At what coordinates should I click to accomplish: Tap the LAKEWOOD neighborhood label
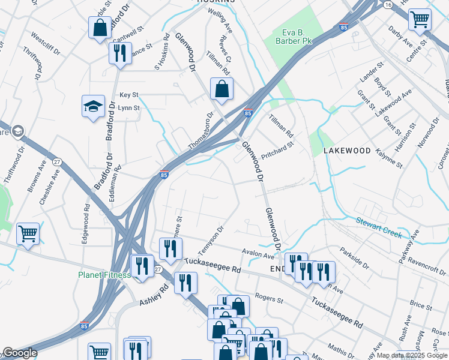pos(347,151)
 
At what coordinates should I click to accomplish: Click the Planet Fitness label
pos(104,275)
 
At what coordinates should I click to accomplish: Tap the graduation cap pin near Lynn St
pos(93,107)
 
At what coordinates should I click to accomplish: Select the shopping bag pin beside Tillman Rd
pos(221,89)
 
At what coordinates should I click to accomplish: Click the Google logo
pos(19,353)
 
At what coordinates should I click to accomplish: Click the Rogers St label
pos(268,298)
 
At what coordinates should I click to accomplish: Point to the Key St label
pos(128,95)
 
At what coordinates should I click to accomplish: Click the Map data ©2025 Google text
pos(412,355)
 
